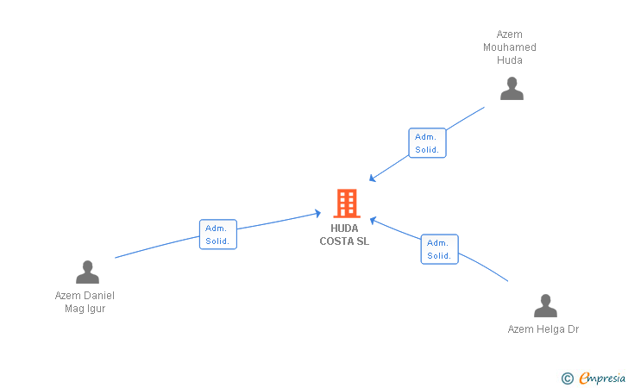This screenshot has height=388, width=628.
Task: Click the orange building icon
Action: coord(347,203)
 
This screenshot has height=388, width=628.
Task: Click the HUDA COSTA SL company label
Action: coord(344,235)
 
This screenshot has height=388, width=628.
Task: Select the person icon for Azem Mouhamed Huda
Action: coord(512,89)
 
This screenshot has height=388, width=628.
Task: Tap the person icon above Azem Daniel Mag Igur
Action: coord(87,272)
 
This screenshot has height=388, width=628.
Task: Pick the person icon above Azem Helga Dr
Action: coord(545,305)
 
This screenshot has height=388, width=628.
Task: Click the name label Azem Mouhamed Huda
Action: coord(510,47)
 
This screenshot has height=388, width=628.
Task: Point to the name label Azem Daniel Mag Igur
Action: coord(85,302)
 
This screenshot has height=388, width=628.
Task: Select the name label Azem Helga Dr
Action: coord(543,329)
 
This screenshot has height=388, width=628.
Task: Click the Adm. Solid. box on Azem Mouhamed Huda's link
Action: coord(427,143)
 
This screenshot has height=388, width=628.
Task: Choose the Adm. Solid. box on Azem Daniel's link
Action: coord(218,235)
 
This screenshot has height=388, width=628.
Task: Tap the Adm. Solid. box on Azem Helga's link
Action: coord(439,249)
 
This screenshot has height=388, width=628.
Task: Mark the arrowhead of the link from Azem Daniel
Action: coord(318,214)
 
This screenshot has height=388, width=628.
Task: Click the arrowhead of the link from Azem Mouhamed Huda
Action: coord(372,178)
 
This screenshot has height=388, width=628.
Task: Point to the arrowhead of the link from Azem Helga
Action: coord(373,220)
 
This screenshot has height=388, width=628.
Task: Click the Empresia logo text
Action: coord(602,378)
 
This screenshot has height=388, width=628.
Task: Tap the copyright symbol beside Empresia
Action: coord(568,379)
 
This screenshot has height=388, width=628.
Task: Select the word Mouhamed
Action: coord(510,47)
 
